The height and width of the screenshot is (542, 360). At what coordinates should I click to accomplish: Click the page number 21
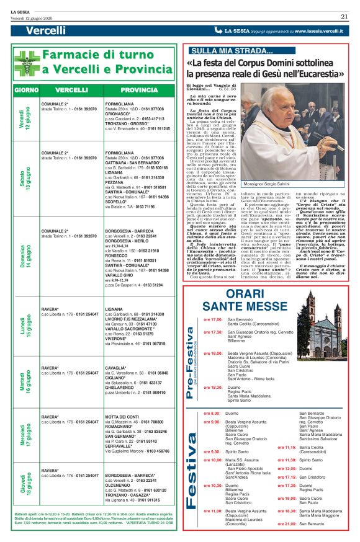[x=343, y=16]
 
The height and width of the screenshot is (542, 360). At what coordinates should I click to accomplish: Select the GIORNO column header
[x=27, y=90]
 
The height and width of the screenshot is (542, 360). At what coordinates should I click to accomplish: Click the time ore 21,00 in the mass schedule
[x=287, y=524]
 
